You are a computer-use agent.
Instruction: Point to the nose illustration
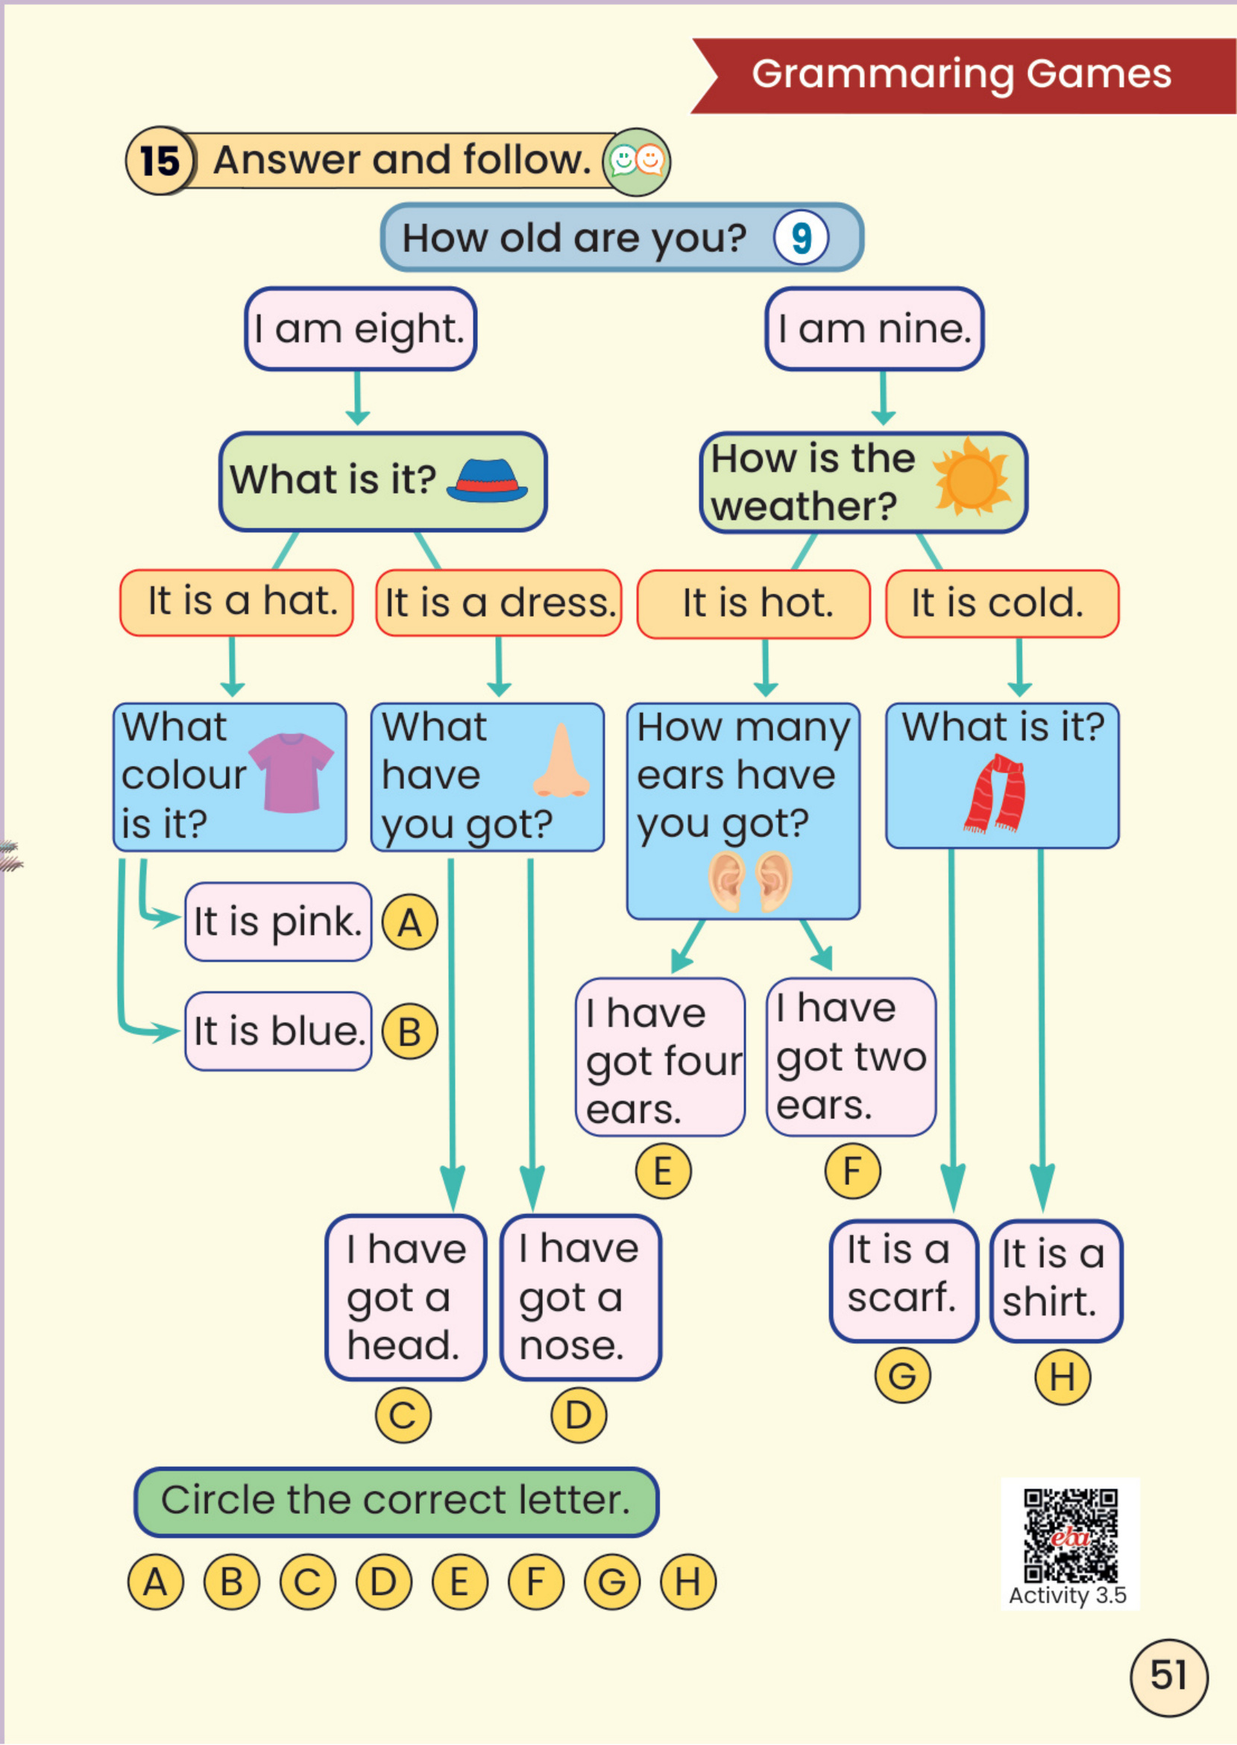point(561,761)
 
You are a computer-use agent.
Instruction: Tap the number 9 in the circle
point(801,238)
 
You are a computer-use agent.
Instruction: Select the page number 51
point(1168,1676)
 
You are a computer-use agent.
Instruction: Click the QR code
point(1070,1535)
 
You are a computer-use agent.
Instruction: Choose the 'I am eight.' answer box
point(360,329)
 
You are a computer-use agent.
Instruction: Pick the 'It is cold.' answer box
point(1001,603)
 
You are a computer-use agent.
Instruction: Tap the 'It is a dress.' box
point(499,603)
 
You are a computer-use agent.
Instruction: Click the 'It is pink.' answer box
point(278,922)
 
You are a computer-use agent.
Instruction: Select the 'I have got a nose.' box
point(580,1297)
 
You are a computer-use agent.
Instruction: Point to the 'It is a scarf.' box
point(904,1281)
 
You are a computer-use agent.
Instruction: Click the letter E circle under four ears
point(663,1172)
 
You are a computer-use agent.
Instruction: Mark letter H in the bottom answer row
point(687,1581)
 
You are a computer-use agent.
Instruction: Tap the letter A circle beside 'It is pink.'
point(409,922)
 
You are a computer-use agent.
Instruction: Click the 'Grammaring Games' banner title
point(961,74)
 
